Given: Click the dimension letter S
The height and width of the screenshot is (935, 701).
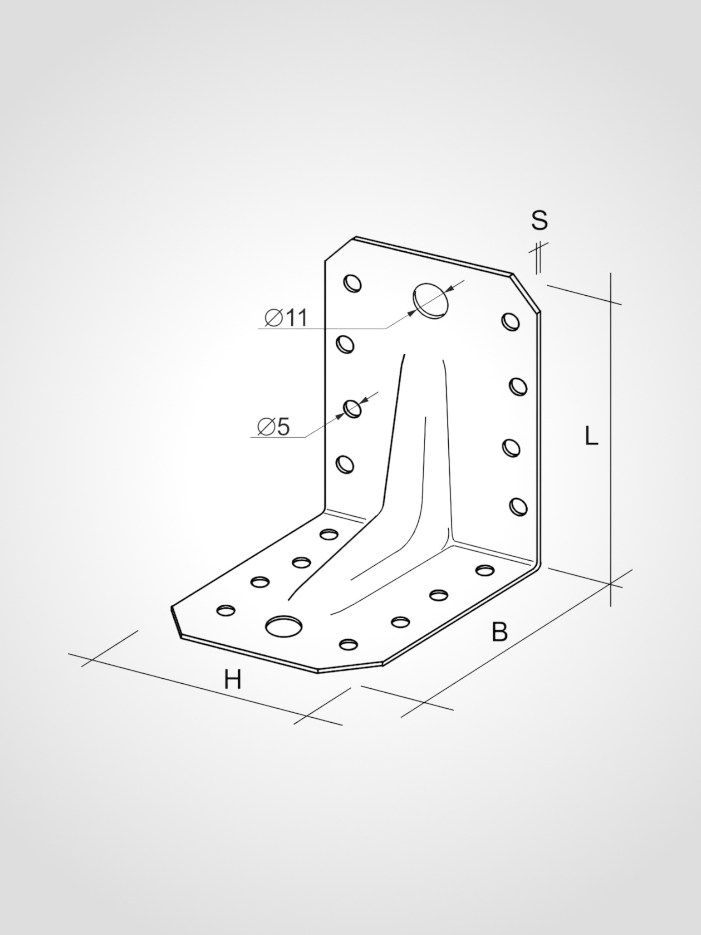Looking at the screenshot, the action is (539, 220).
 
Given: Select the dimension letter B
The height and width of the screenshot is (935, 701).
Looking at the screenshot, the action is (499, 644).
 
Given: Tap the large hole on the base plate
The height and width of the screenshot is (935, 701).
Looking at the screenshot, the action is (284, 626).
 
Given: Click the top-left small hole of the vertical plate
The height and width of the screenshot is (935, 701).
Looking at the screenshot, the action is (352, 283).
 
